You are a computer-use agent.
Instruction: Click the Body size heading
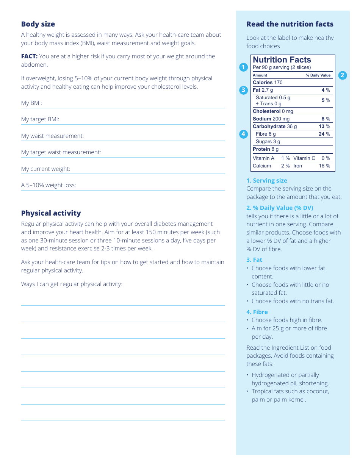pyautogui.click(x=38, y=24)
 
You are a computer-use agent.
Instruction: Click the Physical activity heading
pyautogui.click(x=51, y=213)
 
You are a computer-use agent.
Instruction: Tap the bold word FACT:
pyautogui.click(x=29, y=56)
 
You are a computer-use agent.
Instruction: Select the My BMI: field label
pyautogui.click(x=31, y=103)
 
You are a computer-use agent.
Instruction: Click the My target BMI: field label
pyautogui.click(x=40, y=119)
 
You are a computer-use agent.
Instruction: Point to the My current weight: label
pyautogui.click(x=45, y=169)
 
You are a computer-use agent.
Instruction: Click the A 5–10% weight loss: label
pyautogui.click(x=49, y=185)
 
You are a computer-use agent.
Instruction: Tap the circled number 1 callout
pyautogui.click(x=244, y=67)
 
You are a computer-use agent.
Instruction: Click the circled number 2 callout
pyautogui.click(x=342, y=75)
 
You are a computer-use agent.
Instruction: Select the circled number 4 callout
pyautogui.click(x=244, y=134)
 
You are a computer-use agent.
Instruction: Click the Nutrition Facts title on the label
pyautogui.click(x=282, y=60)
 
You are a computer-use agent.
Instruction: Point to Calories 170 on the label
pyautogui.click(x=268, y=83)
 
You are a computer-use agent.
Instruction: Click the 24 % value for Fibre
pyautogui.click(x=324, y=134)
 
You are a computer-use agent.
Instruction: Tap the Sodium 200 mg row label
pyautogui.click(x=271, y=119)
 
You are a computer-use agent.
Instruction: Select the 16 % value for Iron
pyautogui.click(x=324, y=166)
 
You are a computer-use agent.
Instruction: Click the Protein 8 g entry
pyautogui.click(x=266, y=149)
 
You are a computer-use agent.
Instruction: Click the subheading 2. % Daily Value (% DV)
pyautogui.click(x=280, y=208)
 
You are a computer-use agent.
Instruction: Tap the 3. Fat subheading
pyautogui.click(x=254, y=260)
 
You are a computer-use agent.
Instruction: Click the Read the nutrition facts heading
pyautogui.click(x=290, y=24)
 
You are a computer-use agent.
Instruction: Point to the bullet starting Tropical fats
pyautogui.click(x=290, y=395)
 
